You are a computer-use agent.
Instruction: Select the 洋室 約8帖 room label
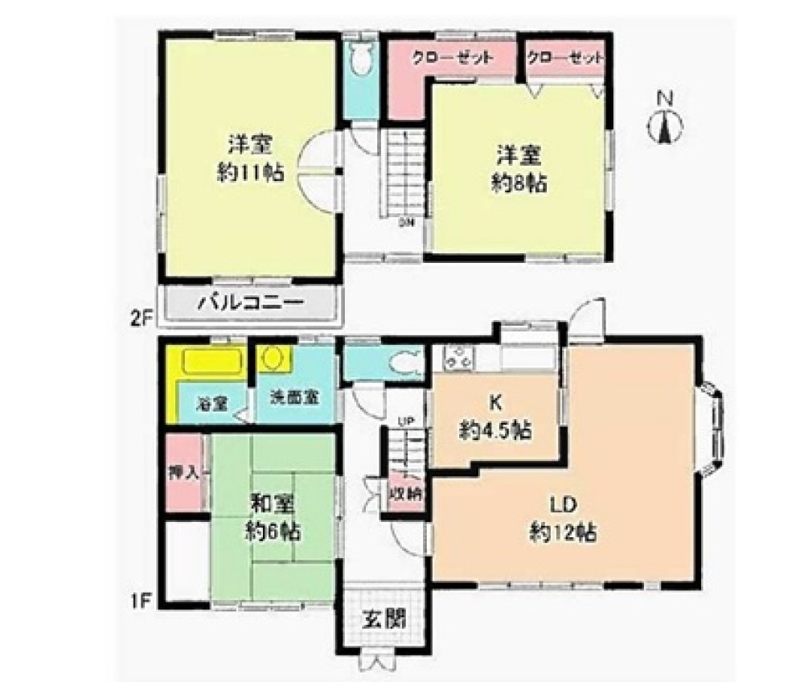point(519,169)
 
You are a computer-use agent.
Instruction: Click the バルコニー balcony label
point(250,306)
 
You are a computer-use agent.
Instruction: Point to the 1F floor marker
point(142,599)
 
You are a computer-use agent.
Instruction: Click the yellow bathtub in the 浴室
point(211,363)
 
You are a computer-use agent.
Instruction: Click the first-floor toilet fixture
point(402,363)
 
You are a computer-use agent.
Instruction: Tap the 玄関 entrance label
point(382,621)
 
